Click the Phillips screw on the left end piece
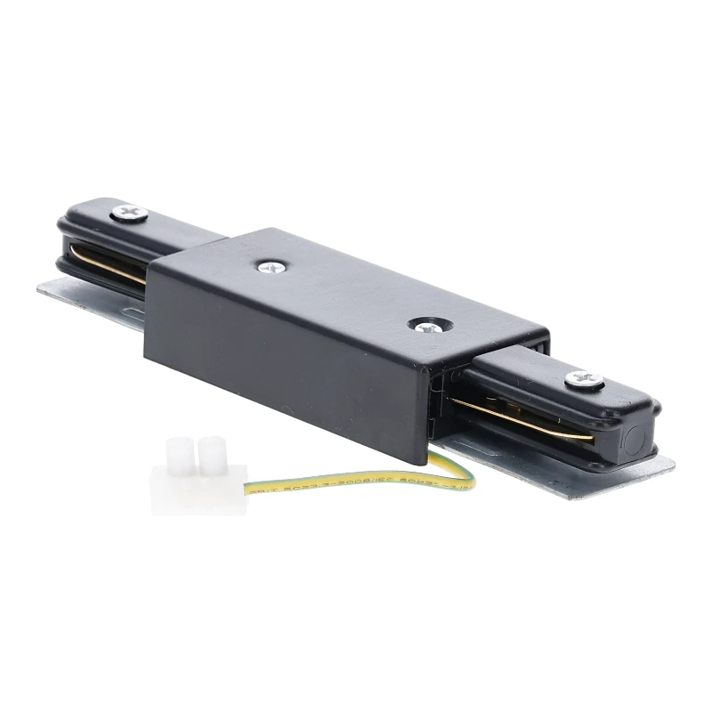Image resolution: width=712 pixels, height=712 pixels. pos(130,213)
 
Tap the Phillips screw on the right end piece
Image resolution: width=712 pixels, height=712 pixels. pos(584,380)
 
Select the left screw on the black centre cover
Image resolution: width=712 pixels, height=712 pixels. pos(268,265)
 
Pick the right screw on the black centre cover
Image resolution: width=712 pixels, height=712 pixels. pos(426,326)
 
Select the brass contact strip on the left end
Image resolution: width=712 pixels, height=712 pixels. pos(107,263)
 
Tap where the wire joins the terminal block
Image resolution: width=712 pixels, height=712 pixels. pos(247,489)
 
